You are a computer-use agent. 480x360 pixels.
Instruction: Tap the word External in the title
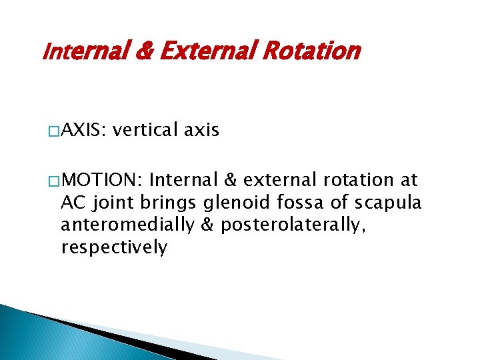pos(210,51)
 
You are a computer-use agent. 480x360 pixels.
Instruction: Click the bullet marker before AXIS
pos(53,131)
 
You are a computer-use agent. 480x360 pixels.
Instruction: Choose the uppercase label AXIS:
pos(83,130)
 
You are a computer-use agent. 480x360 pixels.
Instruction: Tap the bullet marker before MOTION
pos(53,181)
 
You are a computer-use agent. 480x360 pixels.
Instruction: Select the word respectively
pos(114,248)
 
